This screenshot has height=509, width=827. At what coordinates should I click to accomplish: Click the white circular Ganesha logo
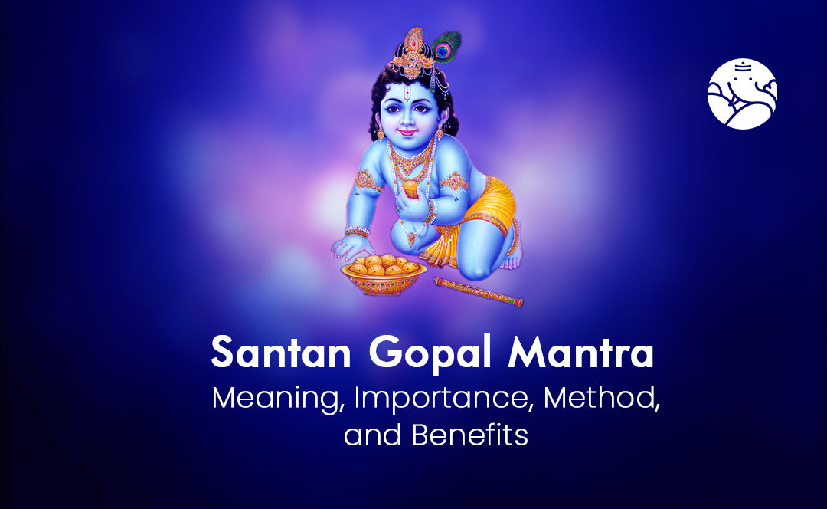pyautogui.click(x=742, y=94)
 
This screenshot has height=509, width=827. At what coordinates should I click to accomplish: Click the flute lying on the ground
pyautogui.click(x=479, y=292)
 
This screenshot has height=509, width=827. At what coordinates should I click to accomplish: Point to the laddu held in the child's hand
pyautogui.click(x=412, y=186)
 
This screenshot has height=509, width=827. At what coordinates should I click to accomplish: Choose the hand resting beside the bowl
pyautogui.click(x=348, y=246)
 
